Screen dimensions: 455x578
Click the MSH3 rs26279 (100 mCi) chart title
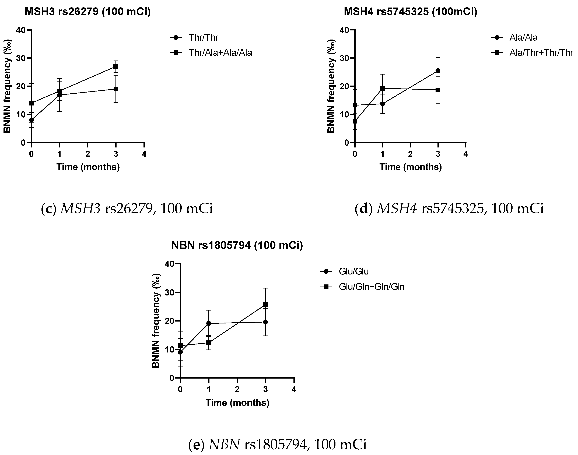88,12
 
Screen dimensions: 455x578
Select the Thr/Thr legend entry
203,38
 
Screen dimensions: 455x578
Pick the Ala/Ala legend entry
523,38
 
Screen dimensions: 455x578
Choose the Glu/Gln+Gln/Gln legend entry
372,287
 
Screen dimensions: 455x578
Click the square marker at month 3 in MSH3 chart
116,66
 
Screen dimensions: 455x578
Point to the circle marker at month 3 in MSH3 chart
116,89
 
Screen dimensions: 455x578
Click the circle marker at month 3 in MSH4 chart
438,71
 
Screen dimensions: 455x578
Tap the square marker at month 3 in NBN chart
265,305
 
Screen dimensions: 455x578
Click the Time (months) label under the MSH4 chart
410,167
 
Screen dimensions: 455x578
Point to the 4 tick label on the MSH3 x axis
144,154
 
